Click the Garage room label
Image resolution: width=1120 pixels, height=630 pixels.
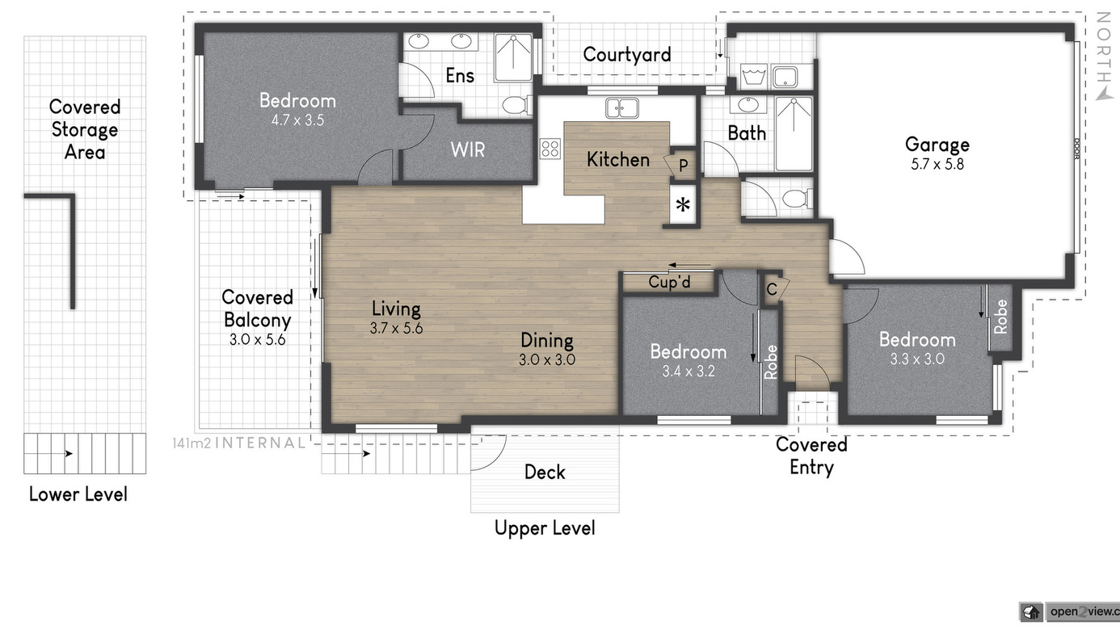point(937,145)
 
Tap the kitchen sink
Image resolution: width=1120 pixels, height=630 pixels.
point(622,107)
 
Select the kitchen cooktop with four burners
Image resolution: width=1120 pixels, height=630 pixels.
point(550,149)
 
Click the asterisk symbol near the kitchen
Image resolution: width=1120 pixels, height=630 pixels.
point(683,205)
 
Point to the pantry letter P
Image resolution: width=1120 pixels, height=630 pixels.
point(683,165)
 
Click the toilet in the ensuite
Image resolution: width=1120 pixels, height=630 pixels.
point(517,106)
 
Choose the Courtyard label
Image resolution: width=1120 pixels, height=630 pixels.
point(627,54)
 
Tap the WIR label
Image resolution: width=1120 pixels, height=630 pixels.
point(468,149)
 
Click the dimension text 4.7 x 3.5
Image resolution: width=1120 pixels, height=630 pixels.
point(297,120)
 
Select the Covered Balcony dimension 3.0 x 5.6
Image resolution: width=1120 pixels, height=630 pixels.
point(258,340)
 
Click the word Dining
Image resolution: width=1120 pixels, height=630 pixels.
point(547,341)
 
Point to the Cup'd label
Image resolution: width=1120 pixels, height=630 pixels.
point(670,282)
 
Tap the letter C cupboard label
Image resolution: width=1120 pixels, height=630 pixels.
point(772,289)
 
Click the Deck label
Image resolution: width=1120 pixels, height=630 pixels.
point(545,472)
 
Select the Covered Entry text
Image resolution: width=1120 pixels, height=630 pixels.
point(811,456)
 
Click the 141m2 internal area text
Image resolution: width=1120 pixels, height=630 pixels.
point(238,443)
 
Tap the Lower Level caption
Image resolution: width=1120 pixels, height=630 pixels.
point(78,494)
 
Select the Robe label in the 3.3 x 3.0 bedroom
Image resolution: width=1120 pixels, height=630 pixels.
point(1000,317)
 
